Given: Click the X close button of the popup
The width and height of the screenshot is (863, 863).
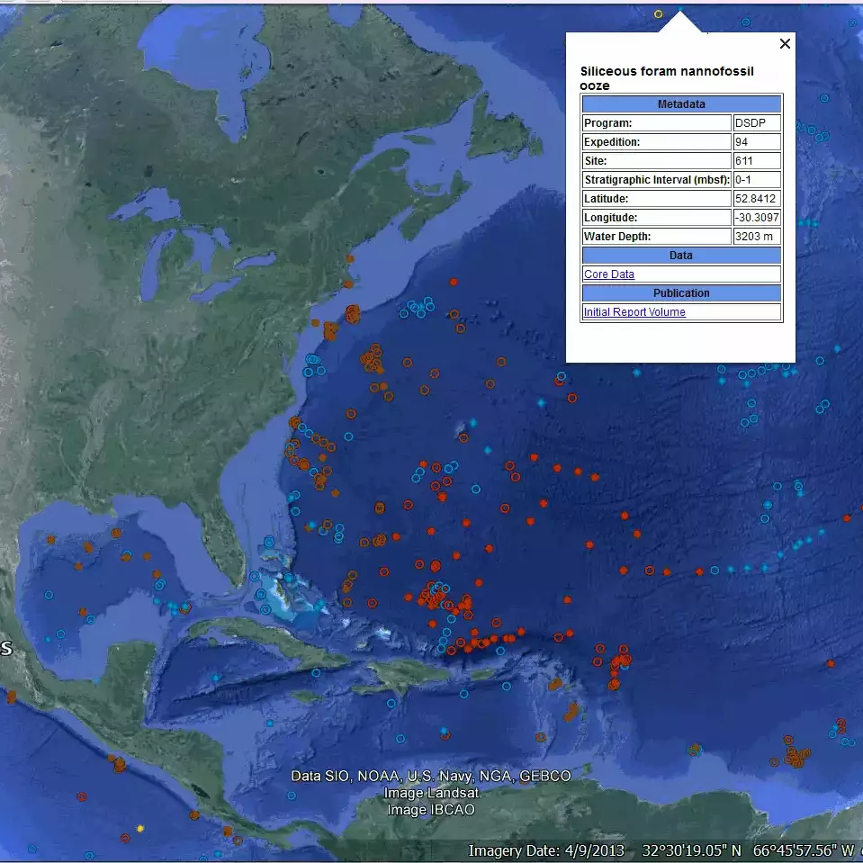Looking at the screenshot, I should click(x=785, y=43).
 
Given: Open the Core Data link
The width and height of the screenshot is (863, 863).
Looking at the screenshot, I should click(x=609, y=274).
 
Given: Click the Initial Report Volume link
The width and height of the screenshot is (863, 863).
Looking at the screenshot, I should click(x=634, y=312).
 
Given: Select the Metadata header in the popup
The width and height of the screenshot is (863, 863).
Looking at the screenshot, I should click(x=681, y=104).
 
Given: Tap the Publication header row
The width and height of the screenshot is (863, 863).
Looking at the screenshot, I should click(x=681, y=293).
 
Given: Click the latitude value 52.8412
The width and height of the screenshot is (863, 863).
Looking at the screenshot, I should click(x=756, y=199).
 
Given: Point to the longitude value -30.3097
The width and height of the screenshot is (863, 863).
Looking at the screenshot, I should click(x=757, y=218).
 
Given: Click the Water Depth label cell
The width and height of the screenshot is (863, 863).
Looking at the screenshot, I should click(x=656, y=237).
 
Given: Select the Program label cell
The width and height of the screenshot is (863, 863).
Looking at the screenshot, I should click(x=656, y=123).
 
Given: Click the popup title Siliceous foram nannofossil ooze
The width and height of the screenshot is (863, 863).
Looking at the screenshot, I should click(x=667, y=77).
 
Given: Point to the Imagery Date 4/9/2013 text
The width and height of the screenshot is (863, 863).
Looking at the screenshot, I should click(x=548, y=850).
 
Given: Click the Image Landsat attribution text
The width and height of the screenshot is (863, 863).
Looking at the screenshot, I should click(x=431, y=793).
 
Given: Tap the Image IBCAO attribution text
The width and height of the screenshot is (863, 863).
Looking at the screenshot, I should click(x=431, y=810).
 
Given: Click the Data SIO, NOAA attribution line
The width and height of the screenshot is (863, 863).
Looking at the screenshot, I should click(x=431, y=776).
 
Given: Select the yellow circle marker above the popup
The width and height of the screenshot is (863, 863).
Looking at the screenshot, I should click(x=658, y=13).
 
